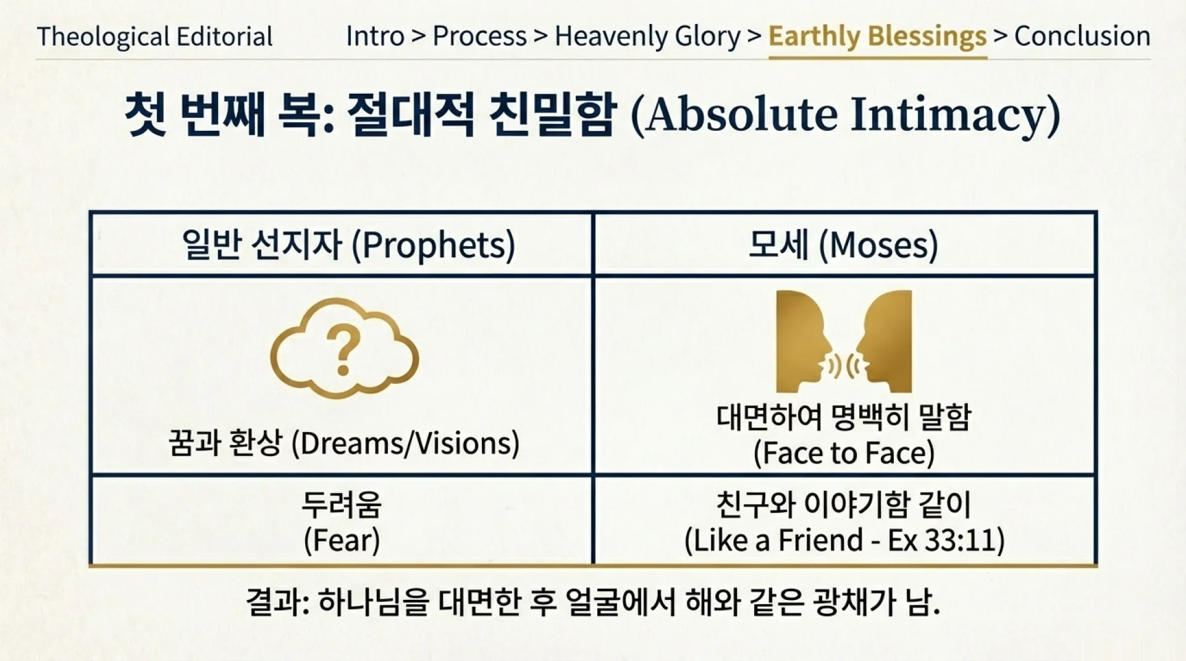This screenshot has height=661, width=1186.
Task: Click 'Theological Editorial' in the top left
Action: [x=154, y=37]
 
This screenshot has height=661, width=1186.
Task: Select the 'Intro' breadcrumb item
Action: [x=375, y=36]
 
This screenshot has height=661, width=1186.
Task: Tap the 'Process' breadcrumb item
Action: [x=479, y=36]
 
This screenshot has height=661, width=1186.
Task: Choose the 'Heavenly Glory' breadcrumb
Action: [x=647, y=36]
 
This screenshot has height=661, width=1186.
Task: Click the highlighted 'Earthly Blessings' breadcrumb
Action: [x=877, y=36]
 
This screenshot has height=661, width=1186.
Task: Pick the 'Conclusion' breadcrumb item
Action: [x=1082, y=36]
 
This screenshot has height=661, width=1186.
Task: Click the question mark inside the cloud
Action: [x=343, y=351]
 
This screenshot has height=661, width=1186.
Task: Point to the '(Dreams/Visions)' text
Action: [x=405, y=444]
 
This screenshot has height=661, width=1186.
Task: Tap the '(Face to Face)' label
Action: [x=844, y=454]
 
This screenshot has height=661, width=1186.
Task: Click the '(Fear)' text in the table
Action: [x=342, y=541]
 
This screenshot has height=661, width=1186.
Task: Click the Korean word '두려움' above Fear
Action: [x=342, y=504]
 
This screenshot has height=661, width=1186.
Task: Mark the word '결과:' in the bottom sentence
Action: [x=277, y=602]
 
